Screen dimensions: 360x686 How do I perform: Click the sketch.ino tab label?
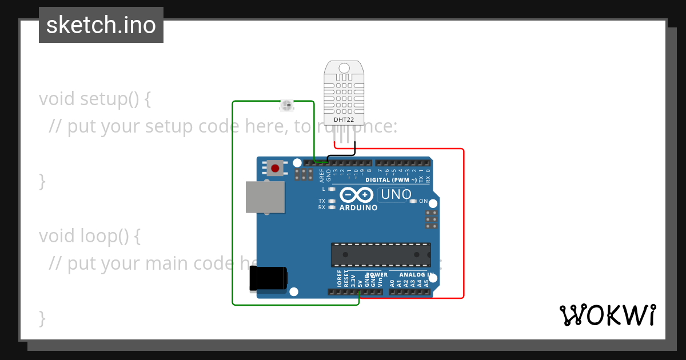click(x=101, y=25)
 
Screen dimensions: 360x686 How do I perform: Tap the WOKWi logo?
click(x=607, y=315)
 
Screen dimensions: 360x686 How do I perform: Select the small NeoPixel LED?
click(x=286, y=105)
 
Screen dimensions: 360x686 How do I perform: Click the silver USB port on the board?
click(x=265, y=197)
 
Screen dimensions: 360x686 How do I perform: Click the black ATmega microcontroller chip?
click(x=381, y=255)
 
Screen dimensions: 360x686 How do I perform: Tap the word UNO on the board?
click(x=396, y=194)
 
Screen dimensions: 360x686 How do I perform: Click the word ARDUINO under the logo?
click(x=358, y=208)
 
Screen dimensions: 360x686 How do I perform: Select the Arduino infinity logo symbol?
click(x=357, y=195)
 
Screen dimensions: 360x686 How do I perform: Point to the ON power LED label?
click(x=424, y=201)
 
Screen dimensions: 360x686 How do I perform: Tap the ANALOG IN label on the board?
click(x=416, y=274)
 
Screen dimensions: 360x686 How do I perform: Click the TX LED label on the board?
click(x=322, y=201)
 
